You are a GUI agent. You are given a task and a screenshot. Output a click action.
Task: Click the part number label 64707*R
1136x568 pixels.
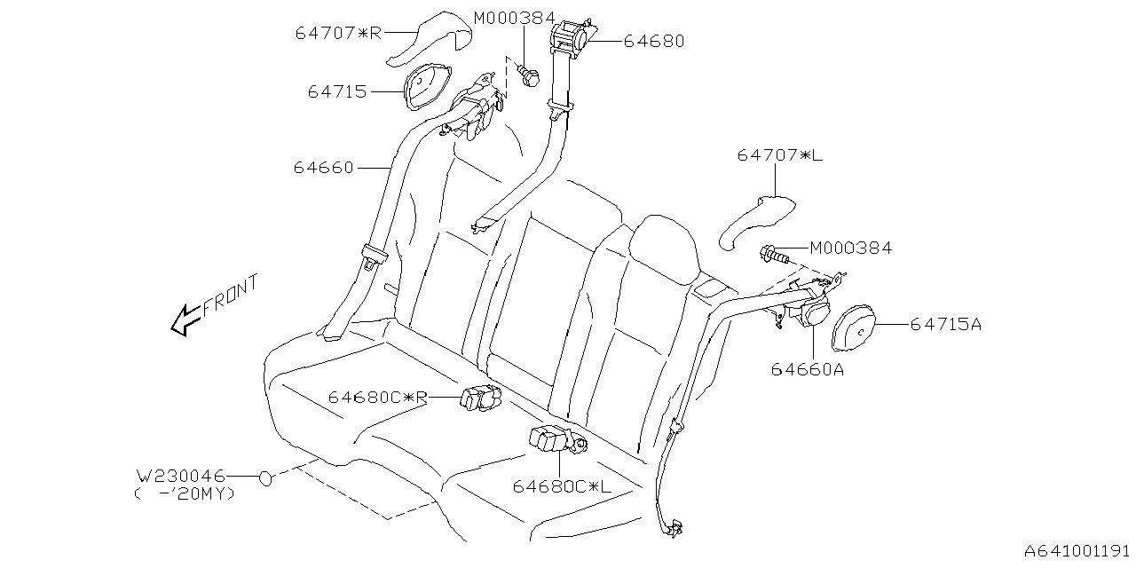coord(338,34)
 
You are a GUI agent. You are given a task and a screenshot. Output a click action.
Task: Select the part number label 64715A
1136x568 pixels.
coord(945,325)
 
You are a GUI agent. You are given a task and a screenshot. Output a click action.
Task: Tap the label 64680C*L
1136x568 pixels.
coord(562,486)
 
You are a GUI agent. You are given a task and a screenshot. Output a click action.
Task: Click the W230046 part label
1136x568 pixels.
coord(180,477)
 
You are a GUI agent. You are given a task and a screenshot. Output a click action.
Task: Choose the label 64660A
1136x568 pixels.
coord(807,370)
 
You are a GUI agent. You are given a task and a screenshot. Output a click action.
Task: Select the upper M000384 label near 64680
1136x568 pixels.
coord(514,18)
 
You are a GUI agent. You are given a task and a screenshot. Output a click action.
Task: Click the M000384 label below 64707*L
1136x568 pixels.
coord(849,248)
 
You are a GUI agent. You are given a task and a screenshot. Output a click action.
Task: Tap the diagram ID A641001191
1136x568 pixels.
coord(1077,551)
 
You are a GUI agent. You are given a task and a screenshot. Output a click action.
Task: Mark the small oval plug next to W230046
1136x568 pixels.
coord(265,479)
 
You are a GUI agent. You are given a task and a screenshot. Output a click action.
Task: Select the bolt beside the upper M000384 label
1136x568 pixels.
coord(529,75)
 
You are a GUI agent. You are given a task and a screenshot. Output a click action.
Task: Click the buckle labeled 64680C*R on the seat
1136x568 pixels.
coord(479,398)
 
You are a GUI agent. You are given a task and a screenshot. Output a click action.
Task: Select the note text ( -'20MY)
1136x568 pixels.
coord(185,494)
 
